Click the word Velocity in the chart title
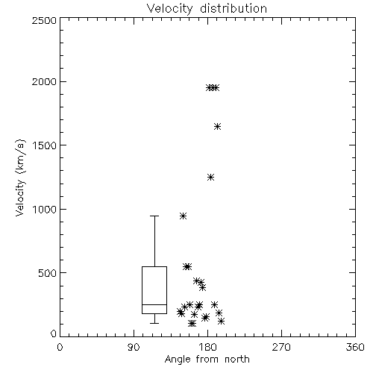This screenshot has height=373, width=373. pyautogui.click(x=169, y=9)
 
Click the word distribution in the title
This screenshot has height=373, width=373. pyautogui.click(x=233, y=8)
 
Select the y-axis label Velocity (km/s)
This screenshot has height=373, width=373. pyautogui.click(x=20, y=178)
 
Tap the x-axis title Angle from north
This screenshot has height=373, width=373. pyautogui.click(x=207, y=359)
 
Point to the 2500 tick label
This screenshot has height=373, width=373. pyautogui.click(x=44, y=20)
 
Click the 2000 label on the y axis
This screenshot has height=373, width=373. pyautogui.click(x=44, y=81)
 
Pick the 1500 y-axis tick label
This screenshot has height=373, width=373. pyautogui.click(x=45, y=145)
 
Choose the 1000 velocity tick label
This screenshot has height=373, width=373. pyautogui.click(x=45, y=209)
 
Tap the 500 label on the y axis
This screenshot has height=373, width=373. pyautogui.click(x=48, y=273)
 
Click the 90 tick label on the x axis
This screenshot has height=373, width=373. pyautogui.click(x=134, y=347)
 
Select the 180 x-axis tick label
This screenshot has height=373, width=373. pyautogui.click(x=207, y=347)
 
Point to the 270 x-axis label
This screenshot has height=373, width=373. pyautogui.click(x=281, y=347)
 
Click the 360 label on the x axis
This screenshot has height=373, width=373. pyautogui.click(x=355, y=347)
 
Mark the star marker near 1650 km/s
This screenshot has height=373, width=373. pyautogui.click(x=217, y=126)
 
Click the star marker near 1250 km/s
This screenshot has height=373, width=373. pyautogui.click(x=211, y=177)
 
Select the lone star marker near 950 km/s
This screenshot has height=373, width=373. pyautogui.click(x=183, y=216)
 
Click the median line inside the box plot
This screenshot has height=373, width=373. pyautogui.click(x=154, y=304)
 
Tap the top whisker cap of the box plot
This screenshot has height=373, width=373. pyautogui.click(x=154, y=216)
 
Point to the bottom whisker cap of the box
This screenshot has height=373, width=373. pyautogui.click(x=154, y=323)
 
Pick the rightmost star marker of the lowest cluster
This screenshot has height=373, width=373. pyautogui.click(x=221, y=321)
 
